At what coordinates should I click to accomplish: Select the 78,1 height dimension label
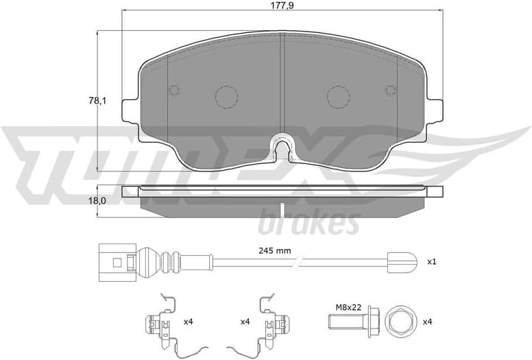[x=81, y=101]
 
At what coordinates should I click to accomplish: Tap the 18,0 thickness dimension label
[x=81, y=200]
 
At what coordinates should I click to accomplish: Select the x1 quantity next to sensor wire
[x=432, y=262]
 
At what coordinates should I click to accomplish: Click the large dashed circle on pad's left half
[x=226, y=97]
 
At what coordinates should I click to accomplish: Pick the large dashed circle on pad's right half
[x=339, y=97]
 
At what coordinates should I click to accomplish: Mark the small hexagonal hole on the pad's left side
[x=174, y=90]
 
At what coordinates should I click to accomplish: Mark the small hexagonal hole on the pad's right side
[x=391, y=90]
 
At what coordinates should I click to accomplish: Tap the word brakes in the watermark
[x=308, y=223]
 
